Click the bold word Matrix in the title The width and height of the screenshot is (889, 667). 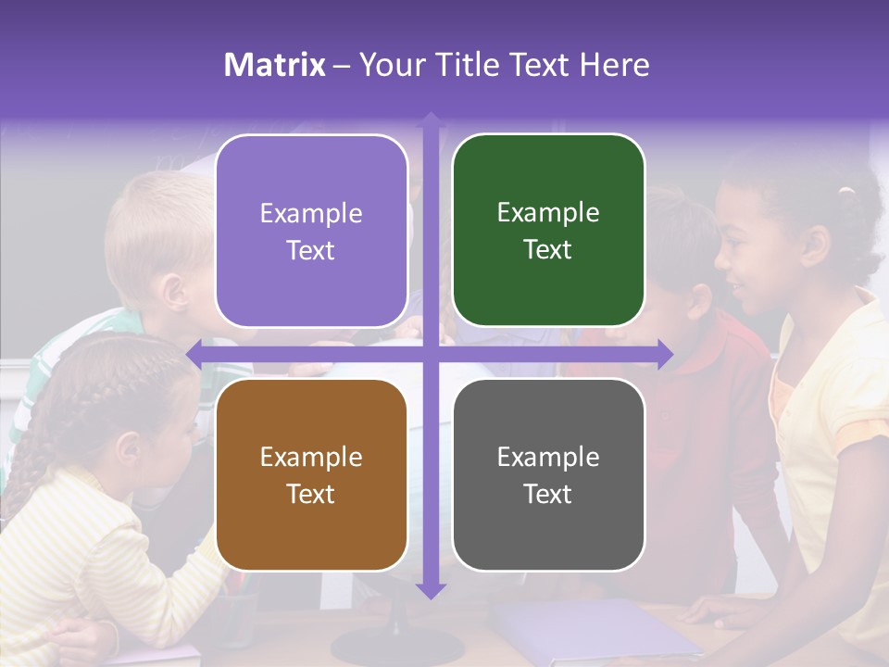(275, 65)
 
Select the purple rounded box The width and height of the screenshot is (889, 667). (311, 231)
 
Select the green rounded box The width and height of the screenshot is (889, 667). (548, 231)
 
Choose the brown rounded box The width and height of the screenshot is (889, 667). (311, 475)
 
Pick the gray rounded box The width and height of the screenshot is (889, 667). (548, 475)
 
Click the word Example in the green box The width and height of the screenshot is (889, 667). (548, 213)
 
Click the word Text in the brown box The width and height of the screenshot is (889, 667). (311, 494)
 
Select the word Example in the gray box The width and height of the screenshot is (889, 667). (548, 457)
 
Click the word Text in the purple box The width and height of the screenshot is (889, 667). (311, 250)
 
